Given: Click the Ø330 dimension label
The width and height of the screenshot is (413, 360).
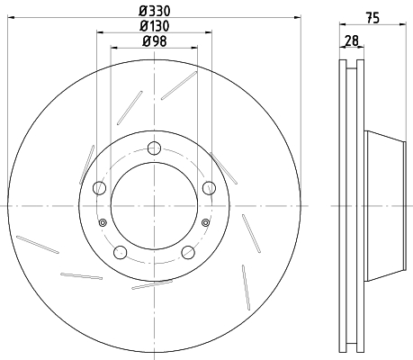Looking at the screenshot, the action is pyautogui.click(x=154, y=11).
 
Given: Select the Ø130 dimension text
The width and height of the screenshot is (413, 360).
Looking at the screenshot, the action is pyautogui.click(x=154, y=26).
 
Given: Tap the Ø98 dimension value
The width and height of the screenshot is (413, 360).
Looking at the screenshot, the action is pyautogui.click(x=155, y=41).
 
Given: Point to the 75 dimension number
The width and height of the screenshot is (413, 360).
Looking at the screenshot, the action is pyautogui.click(x=373, y=18).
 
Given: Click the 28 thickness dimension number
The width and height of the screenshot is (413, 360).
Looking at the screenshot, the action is pyautogui.click(x=352, y=40).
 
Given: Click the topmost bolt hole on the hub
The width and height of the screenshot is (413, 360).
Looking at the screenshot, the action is pyautogui.click(x=155, y=148).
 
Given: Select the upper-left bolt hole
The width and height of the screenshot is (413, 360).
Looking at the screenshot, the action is pyautogui.click(x=100, y=188).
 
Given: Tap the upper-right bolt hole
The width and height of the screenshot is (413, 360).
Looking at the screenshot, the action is pyautogui.click(x=209, y=188).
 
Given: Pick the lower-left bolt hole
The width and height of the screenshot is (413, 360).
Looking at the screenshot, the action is pyautogui.click(x=121, y=252).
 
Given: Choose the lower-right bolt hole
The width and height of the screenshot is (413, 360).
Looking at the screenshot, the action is pyautogui.click(x=188, y=252).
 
